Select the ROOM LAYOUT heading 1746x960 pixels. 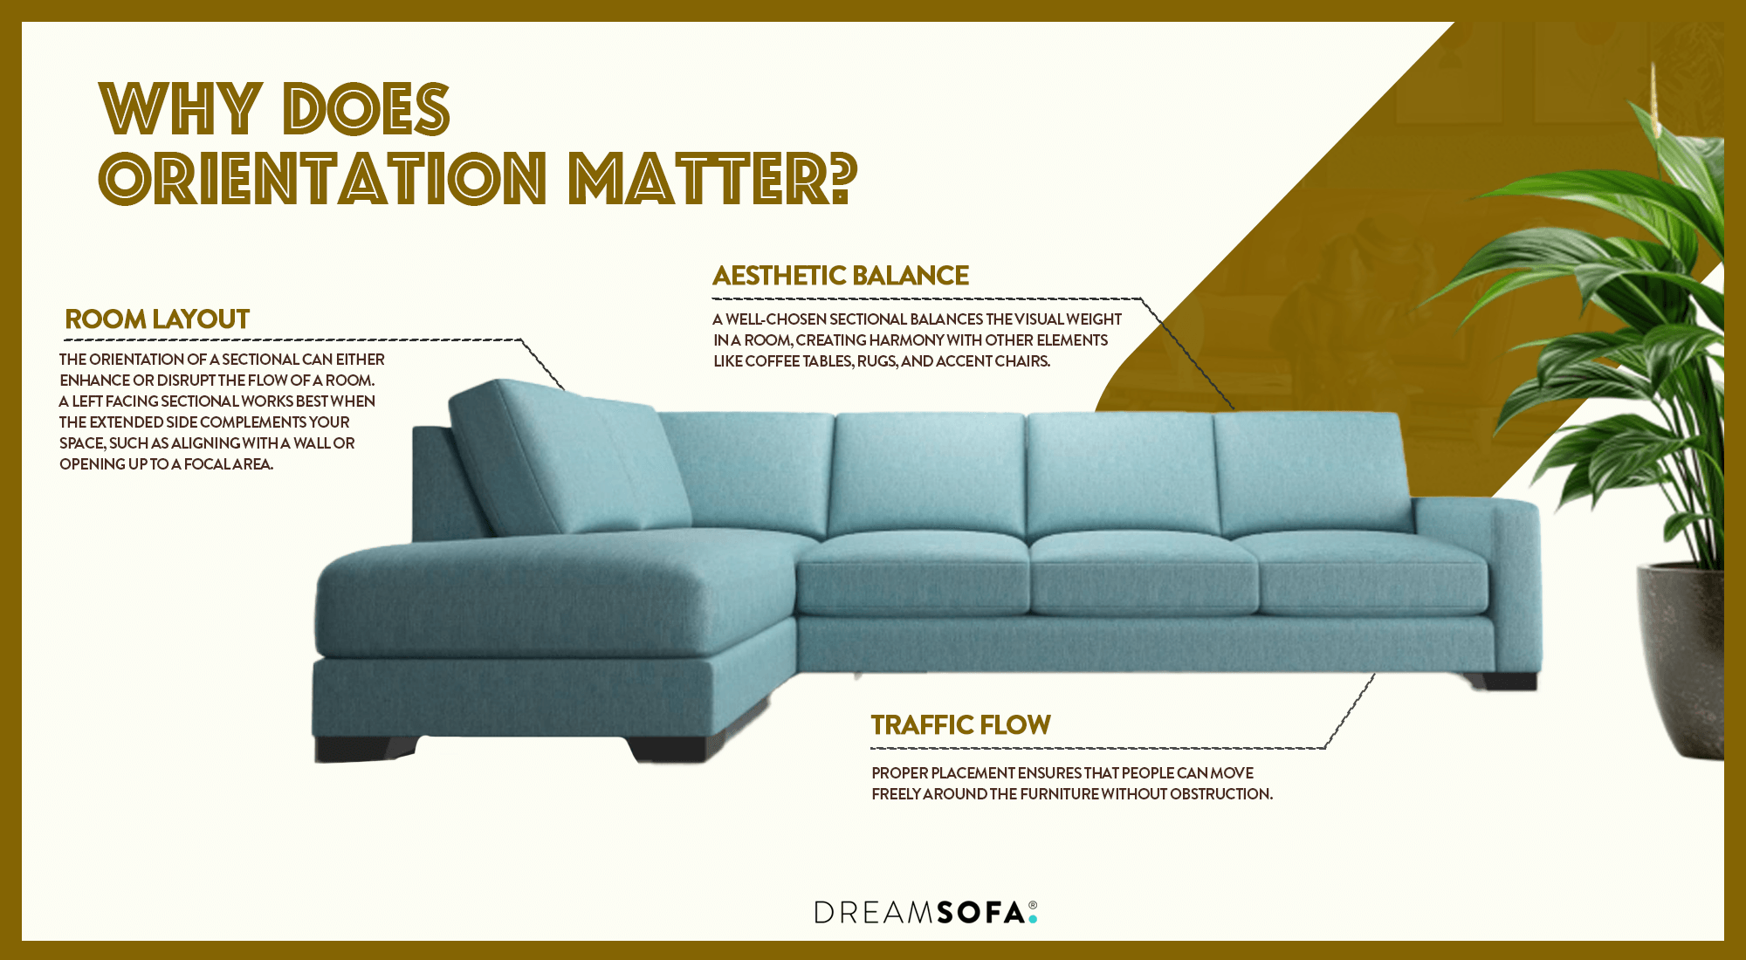pyautogui.click(x=157, y=319)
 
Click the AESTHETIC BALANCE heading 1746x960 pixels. pyautogui.click(x=841, y=276)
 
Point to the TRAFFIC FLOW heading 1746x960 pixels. pyautogui.click(x=960, y=725)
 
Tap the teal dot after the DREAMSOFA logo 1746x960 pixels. pyautogui.click(x=1033, y=919)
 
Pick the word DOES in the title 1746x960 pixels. pyautogui.click(x=367, y=110)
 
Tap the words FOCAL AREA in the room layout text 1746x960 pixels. pyautogui.click(x=228, y=464)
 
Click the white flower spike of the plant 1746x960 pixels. pyautogui.click(x=1654, y=100)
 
